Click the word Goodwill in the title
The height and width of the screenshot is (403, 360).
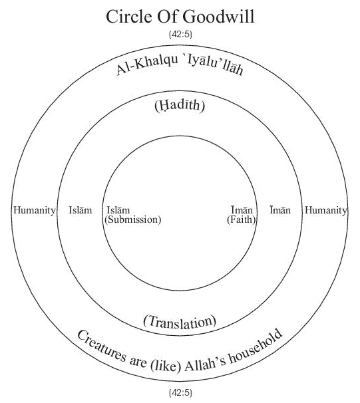218,17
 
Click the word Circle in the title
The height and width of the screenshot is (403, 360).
129,17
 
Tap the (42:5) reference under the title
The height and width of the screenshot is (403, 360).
180,35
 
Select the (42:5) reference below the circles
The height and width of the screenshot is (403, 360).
180,393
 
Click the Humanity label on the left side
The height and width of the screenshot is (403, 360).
35,210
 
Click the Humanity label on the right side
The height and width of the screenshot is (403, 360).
326,210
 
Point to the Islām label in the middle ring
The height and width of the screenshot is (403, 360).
81,210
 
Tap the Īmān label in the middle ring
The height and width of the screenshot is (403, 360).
280,210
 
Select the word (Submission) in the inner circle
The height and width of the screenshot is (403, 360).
133,219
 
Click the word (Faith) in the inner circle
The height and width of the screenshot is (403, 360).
241,219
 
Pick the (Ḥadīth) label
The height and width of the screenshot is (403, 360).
180,106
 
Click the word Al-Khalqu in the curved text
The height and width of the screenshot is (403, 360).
147,65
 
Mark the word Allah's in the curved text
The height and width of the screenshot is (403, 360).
206,364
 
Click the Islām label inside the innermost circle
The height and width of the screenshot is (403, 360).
118,210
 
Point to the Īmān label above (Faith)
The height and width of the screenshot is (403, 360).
242,210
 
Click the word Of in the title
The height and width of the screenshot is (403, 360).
167,17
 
